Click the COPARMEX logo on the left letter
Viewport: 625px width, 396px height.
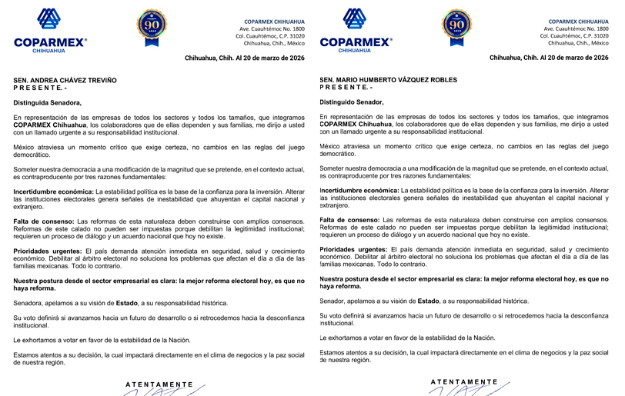pos(50,31)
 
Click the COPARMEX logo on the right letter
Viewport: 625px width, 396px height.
pos(354,31)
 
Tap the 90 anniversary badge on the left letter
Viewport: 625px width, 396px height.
pos(152,28)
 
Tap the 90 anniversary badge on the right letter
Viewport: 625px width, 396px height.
pos(456,28)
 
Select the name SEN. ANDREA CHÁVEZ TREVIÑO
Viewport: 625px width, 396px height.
pos(65,81)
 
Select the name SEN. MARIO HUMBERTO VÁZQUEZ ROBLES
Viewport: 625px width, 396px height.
pos(388,80)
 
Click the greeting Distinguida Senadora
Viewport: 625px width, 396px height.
pos(47,102)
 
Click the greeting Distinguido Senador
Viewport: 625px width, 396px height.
pos(351,101)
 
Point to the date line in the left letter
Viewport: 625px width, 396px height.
pos(246,58)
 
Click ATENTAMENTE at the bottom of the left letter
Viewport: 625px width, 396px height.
pos(159,383)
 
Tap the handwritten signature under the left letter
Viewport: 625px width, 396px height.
pos(159,392)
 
